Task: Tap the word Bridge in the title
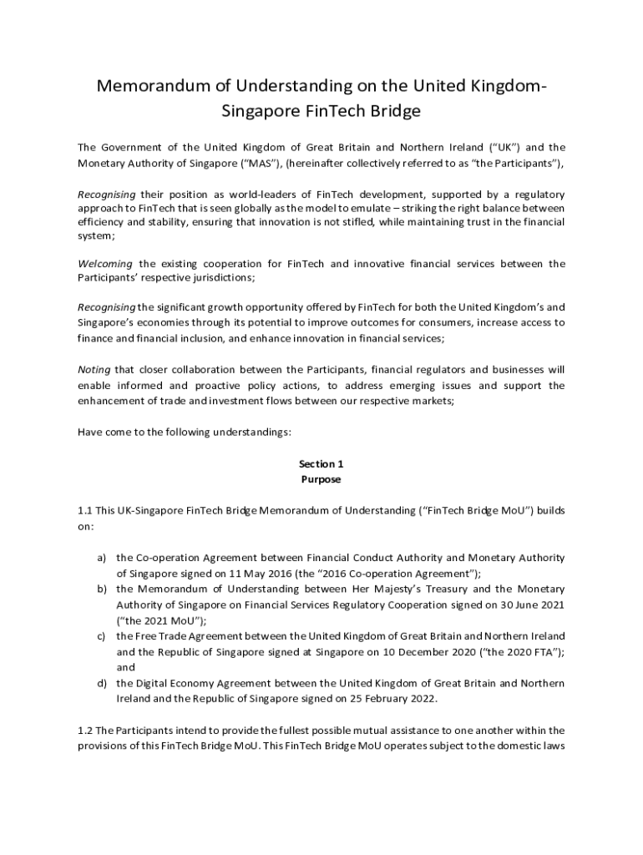coord(392,110)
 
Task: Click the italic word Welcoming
coord(106,264)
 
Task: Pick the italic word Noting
coord(94,370)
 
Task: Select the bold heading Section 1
coord(321,463)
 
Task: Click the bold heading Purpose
coord(321,479)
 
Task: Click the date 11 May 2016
coord(251,573)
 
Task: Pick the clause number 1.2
coord(85,731)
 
